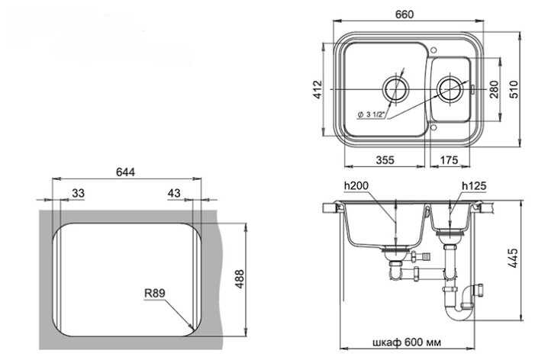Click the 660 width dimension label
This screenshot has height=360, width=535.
click(404, 14)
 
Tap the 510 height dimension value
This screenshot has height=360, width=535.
click(514, 89)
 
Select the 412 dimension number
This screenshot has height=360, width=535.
click(318, 89)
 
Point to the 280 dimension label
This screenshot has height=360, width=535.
click(494, 89)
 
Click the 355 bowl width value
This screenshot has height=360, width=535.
click(385, 160)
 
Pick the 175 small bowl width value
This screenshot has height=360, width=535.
click(449, 160)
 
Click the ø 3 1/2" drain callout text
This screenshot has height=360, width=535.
click(372, 114)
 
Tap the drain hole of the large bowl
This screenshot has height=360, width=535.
click(395, 89)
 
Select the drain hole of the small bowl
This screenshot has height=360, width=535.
click(450, 89)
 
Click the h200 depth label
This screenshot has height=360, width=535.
click(356, 186)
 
